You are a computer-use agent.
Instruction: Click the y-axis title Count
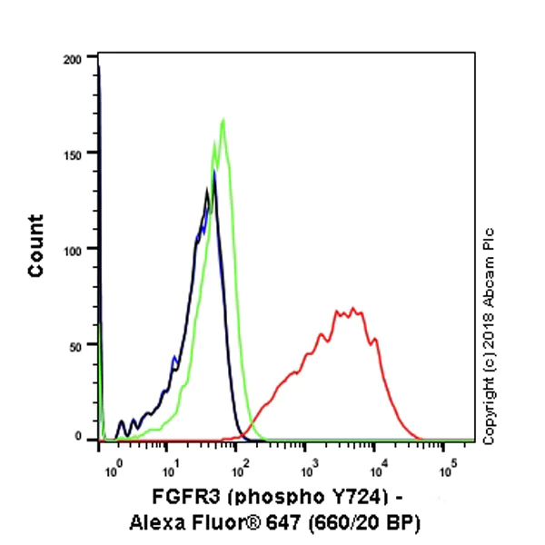click(36, 245)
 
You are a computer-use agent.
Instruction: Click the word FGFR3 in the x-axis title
click(179, 499)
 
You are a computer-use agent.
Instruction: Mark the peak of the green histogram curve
click(223, 119)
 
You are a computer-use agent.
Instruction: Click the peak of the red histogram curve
click(352, 308)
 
